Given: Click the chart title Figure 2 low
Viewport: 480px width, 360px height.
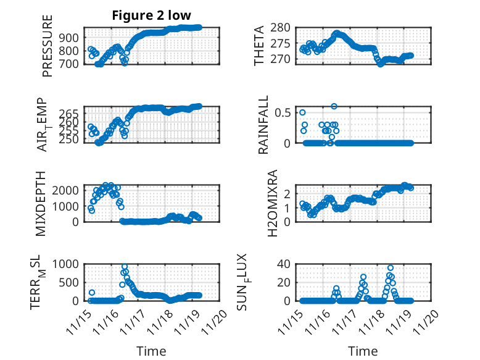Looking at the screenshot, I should (151, 15).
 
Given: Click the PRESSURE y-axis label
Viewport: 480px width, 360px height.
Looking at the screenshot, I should (48, 46).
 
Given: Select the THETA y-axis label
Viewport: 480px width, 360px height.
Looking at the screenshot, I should (260, 46).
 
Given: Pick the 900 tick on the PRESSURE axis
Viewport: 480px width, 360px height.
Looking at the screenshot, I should (70, 37).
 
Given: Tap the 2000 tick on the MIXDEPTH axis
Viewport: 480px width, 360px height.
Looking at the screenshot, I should (66, 190).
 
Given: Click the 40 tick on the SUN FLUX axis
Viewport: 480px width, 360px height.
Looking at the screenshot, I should (283, 264).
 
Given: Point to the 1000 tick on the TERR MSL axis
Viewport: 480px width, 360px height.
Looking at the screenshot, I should (66, 264).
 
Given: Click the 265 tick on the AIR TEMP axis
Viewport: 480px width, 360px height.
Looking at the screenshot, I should (70, 114).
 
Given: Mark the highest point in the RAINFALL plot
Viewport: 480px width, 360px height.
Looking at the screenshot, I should (334, 106).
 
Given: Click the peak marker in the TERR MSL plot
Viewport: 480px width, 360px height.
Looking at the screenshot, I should (125, 267).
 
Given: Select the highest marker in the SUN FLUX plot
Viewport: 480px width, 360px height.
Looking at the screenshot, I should (390, 268).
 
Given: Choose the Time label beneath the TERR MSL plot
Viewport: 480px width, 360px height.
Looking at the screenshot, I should (151, 351).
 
